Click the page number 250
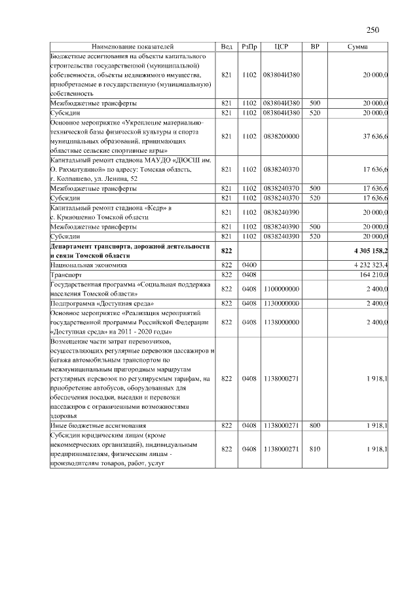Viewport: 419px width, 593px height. coord(373,29)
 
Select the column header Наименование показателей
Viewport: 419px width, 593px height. coord(133,47)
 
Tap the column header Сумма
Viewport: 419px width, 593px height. coord(357,47)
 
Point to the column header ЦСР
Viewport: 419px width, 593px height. coord(282,47)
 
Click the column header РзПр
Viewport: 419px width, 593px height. coord(249,47)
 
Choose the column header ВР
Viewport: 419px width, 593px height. coord(315,47)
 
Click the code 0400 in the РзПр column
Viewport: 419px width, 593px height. coord(249,265)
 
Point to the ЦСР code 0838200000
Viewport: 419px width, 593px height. coord(281,136)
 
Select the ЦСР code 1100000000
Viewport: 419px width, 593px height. coord(281,289)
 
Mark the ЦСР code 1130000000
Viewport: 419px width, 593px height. coord(281,303)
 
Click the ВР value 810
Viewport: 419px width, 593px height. coord(315,449)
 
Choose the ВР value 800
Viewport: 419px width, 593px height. coord(315,426)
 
